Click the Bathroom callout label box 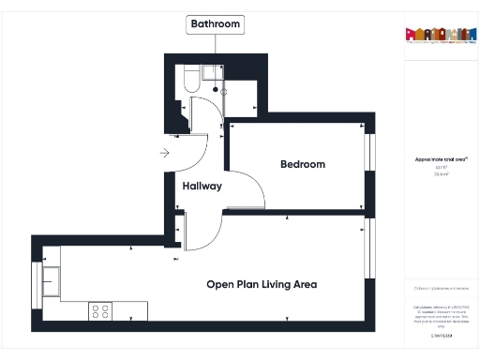point(216,23)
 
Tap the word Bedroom point(303,164)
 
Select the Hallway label point(202,186)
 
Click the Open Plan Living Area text point(262,284)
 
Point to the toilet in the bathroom point(188,79)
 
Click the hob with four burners point(100,310)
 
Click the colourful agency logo point(436,34)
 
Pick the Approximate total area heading point(435,160)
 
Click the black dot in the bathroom point(216,90)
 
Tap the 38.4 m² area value point(435,174)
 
